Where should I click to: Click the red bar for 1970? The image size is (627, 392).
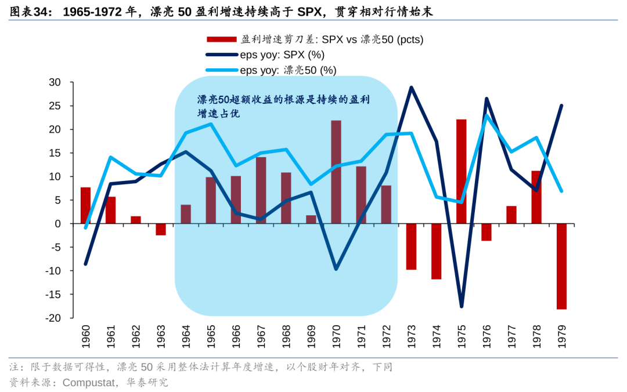click(x=336, y=172)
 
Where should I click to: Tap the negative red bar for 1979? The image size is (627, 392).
click(x=561, y=266)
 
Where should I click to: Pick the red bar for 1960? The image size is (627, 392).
click(x=85, y=205)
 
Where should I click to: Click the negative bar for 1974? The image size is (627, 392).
click(x=436, y=251)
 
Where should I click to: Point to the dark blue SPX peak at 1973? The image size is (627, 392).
click(x=411, y=88)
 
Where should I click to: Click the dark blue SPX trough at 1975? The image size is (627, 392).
click(x=462, y=306)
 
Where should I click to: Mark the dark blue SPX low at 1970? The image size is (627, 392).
click(x=336, y=269)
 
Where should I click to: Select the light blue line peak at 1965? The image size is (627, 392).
click(x=210, y=124)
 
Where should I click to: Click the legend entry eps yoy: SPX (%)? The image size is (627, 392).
click(x=282, y=55)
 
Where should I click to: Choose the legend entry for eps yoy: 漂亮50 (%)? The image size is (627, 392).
click(x=288, y=70)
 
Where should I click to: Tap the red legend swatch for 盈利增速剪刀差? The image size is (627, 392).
click(x=221, y=40)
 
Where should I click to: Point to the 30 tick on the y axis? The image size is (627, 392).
click(x=55, y=82)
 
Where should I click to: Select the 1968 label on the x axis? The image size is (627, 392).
click(x=286, y=337)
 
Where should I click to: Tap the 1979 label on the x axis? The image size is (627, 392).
click(x=561, y=337)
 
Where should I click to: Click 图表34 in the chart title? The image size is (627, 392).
click(x=26, y=11)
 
